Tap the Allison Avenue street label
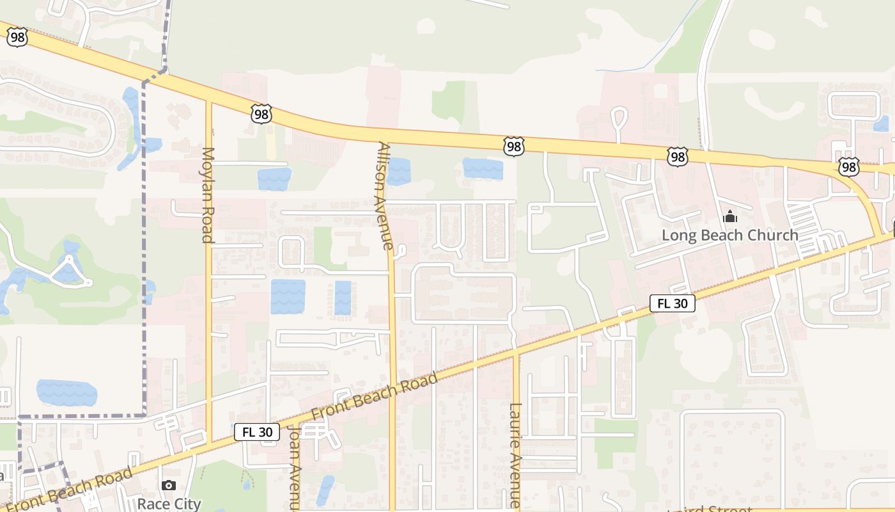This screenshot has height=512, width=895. click(x=385, y=195)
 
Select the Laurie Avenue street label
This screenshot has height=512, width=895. click(x=516, y=455)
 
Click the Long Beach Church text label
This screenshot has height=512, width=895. click(x=729, y=235)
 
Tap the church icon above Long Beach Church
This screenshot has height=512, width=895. click(x=729, y=218)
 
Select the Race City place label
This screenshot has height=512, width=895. click(x=169, y=504)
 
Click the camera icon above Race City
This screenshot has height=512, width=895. click(x=169, y=486)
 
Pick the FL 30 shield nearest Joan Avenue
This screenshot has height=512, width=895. click(x=257, y=432)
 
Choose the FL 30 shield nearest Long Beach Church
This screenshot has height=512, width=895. click(x=673, y=303)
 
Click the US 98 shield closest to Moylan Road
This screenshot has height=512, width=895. click(x=261, y=115)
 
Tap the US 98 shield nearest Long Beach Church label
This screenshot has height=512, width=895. click(x=677, y=156)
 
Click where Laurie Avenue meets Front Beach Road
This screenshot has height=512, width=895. click(x=515, y=353)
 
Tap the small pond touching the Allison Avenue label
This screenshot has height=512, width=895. click(x=398, y=172)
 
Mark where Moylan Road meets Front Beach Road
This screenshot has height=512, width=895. click(x=209, y=443)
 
